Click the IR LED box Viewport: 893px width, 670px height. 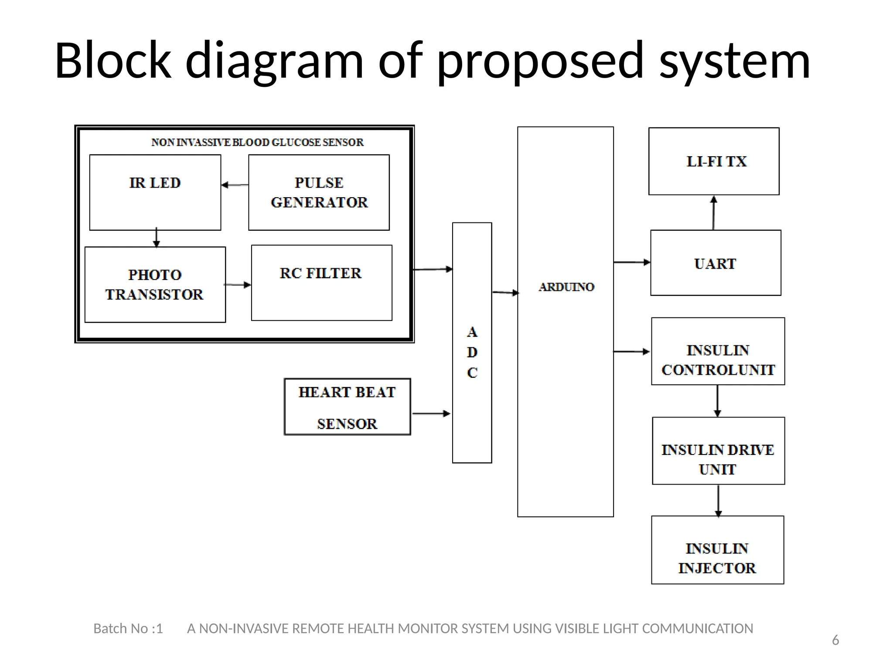tap(155, 192)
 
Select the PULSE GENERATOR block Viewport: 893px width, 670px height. tap(319, 192)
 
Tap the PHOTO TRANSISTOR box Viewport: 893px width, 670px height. tap(155, 284)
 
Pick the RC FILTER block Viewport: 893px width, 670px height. tap(321, 283)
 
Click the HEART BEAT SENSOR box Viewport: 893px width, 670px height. tap(347, 407)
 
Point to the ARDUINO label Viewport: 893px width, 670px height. tap(566, 287)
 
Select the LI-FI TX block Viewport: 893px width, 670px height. tap(714, 161)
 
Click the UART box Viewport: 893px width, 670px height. tap(716, 263)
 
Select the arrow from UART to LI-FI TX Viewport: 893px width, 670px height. tap(713, 213)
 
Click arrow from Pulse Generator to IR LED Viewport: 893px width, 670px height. tap(235, 185)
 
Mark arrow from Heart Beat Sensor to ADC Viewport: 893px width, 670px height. tap(431, 413)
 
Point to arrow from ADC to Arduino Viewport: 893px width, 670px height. tap(505, 292)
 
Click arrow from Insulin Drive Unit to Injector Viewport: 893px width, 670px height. tap(718, 500)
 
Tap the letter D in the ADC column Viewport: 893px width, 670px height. tap(472, 352)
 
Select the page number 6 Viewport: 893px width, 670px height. tap(835, 640)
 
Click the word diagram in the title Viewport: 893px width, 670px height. tap(274, 61)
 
